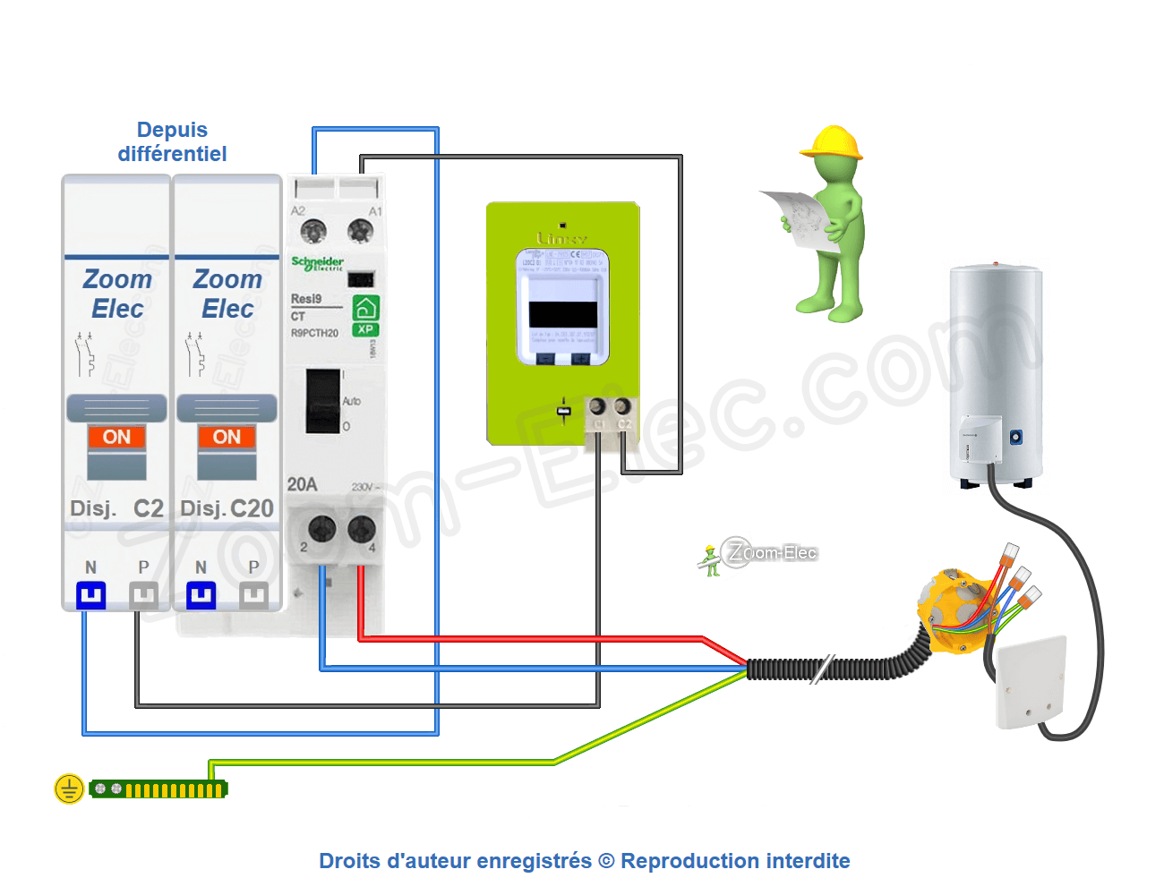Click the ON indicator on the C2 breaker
pyautogui.click(x=116, y=437)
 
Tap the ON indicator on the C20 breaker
pyautogui.click(x=227, y=437)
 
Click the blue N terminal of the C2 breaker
pyautogui.click(x=90, y=595)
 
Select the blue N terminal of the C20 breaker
pyautogui.click(x=201, y=595)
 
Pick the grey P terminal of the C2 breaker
pyautogui.click(x=143, y=595)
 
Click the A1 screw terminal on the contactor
pyautogui.click(x=360, y=232)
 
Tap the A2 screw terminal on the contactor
pyautogui.click(x=312, y=232)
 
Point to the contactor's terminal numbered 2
pyautogui.click(x=321, y=530)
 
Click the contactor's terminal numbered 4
pyautogui.click(x=361, y=530)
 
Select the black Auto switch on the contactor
pyautogui.click(x=321, y=401)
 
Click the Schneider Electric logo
pyautogui.click(x=317, y=263)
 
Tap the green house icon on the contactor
pyautogui.click(x=365, y=308)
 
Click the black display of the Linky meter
pyautogui.click(x=562, y=314)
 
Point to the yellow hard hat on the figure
pyautogui.click(x=833, y=142)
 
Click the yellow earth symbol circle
pyautogui.click(x=69, y=788)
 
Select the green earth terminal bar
pyautogui.click(x=159, y=789)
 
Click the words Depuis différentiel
pyautogui.click(x=172, y=142)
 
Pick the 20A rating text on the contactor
pyautogui.click(x=302, y=484)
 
